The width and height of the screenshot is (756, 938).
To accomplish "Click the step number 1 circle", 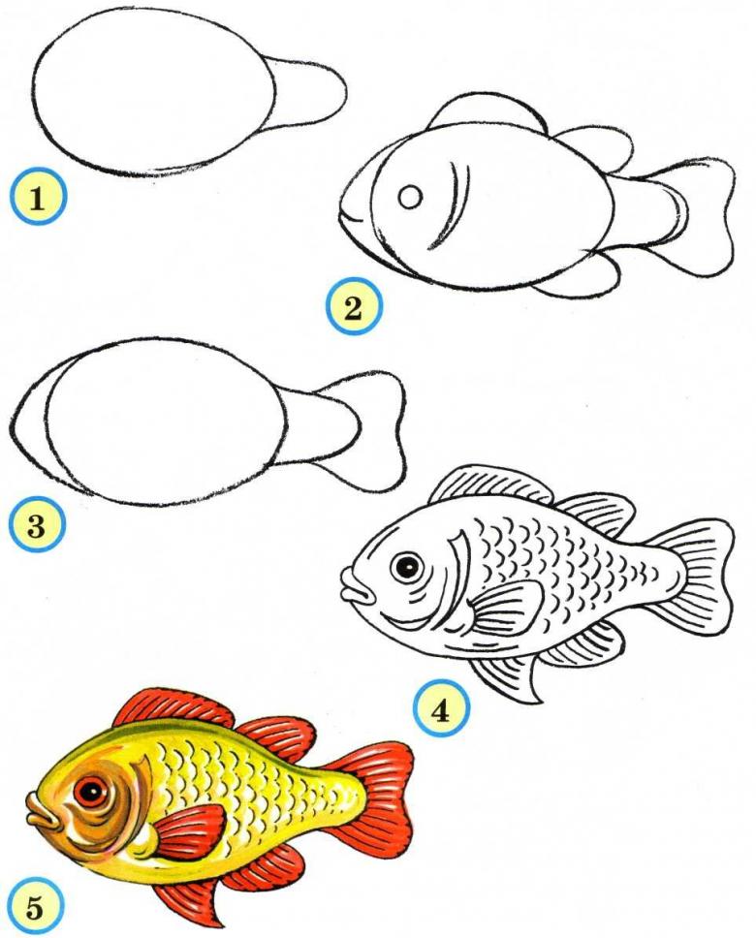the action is click(x=38, y=197).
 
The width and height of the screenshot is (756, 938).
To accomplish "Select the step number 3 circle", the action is click(x=37, y=527).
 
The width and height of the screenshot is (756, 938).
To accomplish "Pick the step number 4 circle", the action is click(x=441, y=710).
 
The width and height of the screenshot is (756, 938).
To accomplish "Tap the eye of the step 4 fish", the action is click(x=407, y=565).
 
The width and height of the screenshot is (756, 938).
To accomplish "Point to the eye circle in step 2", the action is click(x=411, y=197).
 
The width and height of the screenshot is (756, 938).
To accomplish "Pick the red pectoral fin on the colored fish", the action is click(x=189, y=831).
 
